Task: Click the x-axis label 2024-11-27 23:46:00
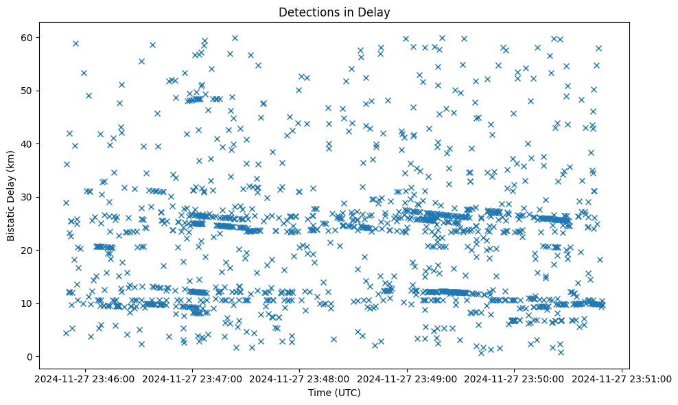click(x=86, y=378)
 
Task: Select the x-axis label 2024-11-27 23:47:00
click(x=193, y=378)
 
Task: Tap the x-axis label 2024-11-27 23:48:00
click(x=301, y=378)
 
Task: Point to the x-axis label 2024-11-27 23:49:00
click(x=408, y=378)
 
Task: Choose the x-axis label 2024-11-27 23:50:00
click(x=515, y=378)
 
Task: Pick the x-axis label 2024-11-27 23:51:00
click(x=622, y=378)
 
